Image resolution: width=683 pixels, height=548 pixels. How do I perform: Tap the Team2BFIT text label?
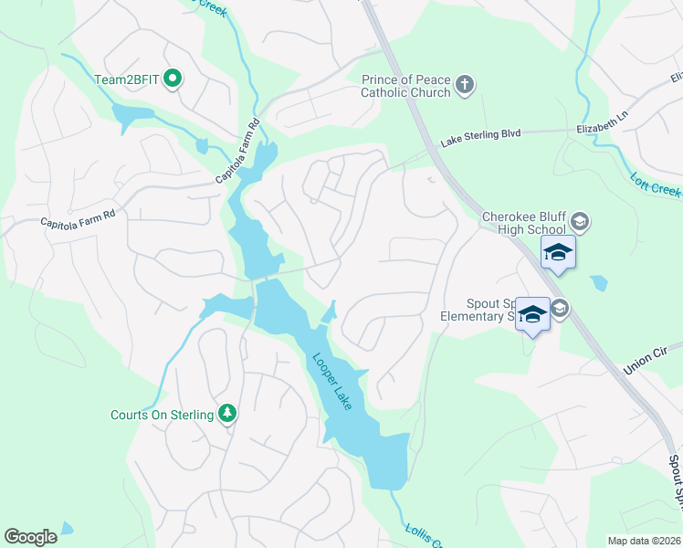pyautogui.click(x=128, y=79)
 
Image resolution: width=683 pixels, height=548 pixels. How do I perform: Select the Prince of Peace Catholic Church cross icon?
pyautogui.click(x=465, y=86)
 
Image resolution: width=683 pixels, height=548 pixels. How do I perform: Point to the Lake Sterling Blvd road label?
pyautogui.click(x=480, y=134)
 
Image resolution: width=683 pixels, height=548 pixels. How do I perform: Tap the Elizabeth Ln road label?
pyautogui.click(x=604, y=130)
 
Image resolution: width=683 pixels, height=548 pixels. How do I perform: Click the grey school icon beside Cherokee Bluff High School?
pyautogui.click(x=579, y=222)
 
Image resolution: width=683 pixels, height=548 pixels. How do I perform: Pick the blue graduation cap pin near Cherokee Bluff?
pyautogui.click(x=558, y=252)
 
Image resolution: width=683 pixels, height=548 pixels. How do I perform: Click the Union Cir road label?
pyautogui.click(x=647, y=358)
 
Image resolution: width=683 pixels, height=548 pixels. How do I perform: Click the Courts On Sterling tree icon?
pyautogui.click(x=227, y=415)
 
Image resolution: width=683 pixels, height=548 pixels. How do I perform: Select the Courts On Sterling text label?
pyautogui.click(x=162, y=416)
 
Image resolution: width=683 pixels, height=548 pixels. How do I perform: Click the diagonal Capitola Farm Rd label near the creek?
pyautogui.click(x=239, y=152)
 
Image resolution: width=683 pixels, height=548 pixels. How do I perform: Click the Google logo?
pyautogui.click(x=30, y=537)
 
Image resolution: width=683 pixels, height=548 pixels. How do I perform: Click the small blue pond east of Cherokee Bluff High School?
pyautogui.click(x=599, y=283)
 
